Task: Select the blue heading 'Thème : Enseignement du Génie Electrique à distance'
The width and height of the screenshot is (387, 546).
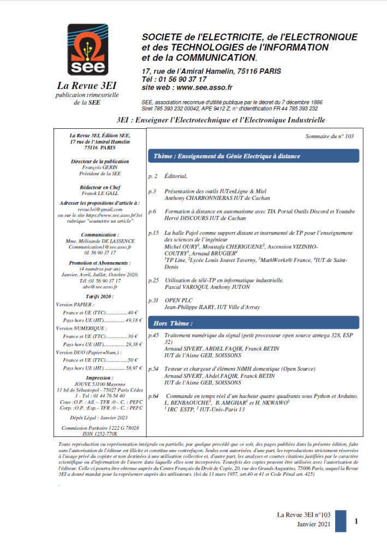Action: [227, 156]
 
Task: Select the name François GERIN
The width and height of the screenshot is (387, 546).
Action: [100, 168]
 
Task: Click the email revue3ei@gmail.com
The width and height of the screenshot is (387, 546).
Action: [100, 209]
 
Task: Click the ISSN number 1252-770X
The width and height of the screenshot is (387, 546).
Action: [100, 433]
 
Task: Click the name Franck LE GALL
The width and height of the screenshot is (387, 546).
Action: [100, 193]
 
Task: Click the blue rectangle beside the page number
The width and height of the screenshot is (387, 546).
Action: [340, 521]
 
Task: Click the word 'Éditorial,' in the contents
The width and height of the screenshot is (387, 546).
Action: [176, 176]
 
